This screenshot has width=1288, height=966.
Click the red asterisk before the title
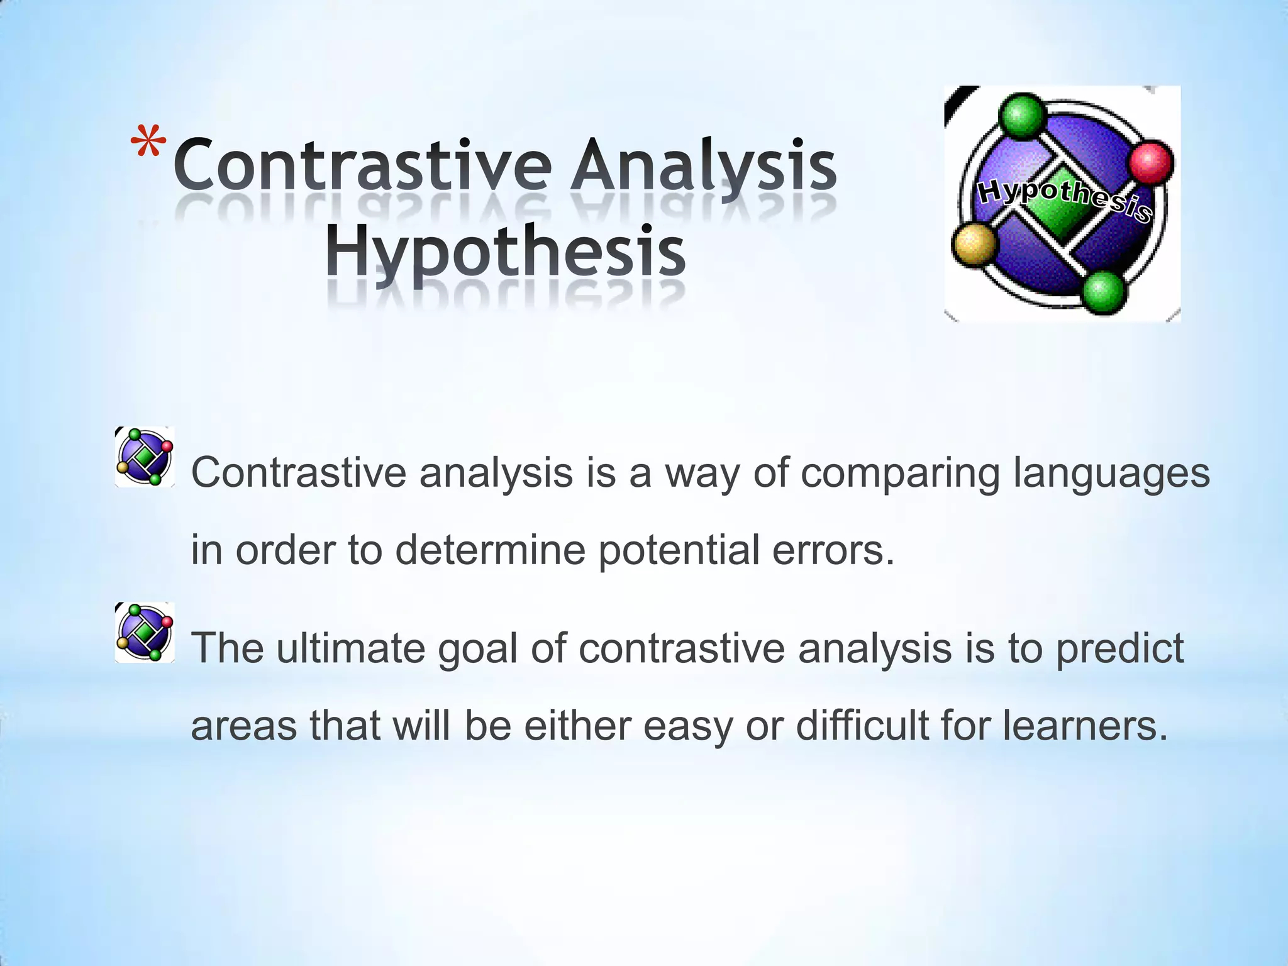tap(149, 143)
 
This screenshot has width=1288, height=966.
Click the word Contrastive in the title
tap(362, 165)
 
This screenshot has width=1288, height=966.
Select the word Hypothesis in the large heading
tap(505, 252)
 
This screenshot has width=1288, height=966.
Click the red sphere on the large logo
tap(1151, 162)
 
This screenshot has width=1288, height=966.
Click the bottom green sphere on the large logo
tap(1102, 291)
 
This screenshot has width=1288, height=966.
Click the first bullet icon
tap(145, 457)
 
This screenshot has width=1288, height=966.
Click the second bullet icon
tap(145, 633)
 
